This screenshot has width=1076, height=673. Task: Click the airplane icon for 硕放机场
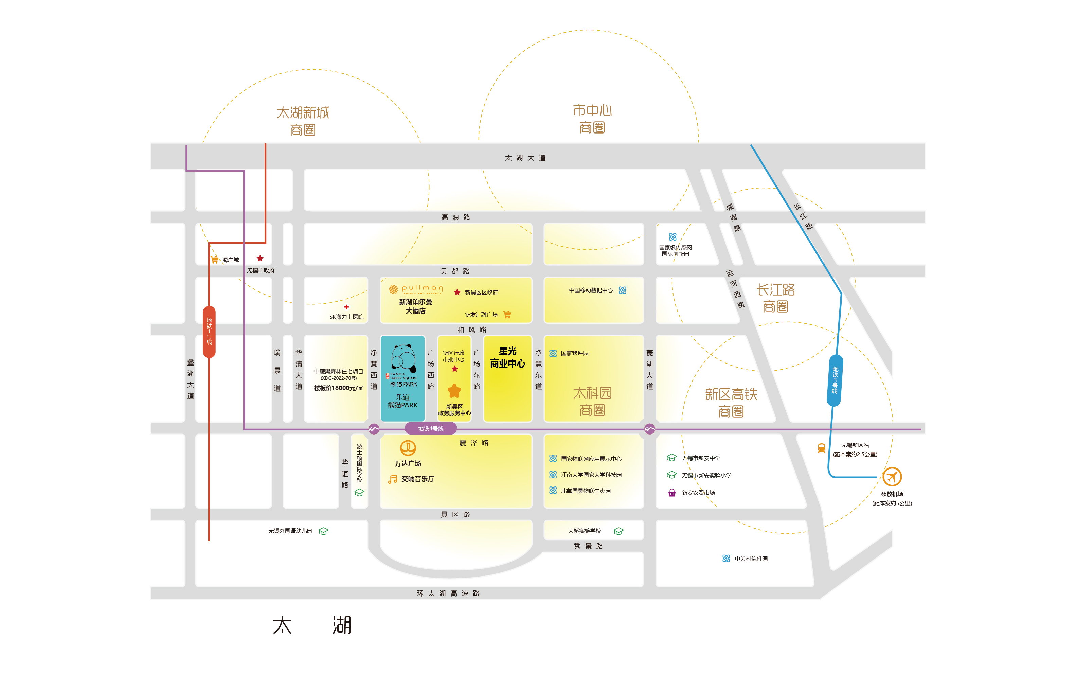tap(892, 477)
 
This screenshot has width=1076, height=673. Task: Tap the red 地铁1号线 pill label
tap(209, 332)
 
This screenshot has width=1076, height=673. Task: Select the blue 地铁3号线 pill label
tap(835, 380)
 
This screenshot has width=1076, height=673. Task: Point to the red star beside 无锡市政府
tap(260, 258)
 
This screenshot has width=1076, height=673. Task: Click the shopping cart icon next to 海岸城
tap(215, 260)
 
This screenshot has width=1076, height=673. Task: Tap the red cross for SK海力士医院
tap(346, 307)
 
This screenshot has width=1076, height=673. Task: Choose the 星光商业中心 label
tap(507, 357)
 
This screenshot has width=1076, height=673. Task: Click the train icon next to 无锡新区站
tap(822, 448)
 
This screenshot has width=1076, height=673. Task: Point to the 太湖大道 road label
tap(525, 158)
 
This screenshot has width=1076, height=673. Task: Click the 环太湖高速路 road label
tap(448, 593)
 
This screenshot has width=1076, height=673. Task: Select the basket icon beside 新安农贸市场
tap(672, 493)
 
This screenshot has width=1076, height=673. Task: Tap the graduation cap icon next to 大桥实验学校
tap(618, 531)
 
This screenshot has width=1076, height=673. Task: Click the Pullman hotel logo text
tap(422, 288)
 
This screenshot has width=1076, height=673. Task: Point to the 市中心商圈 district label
tap(592, 119)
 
